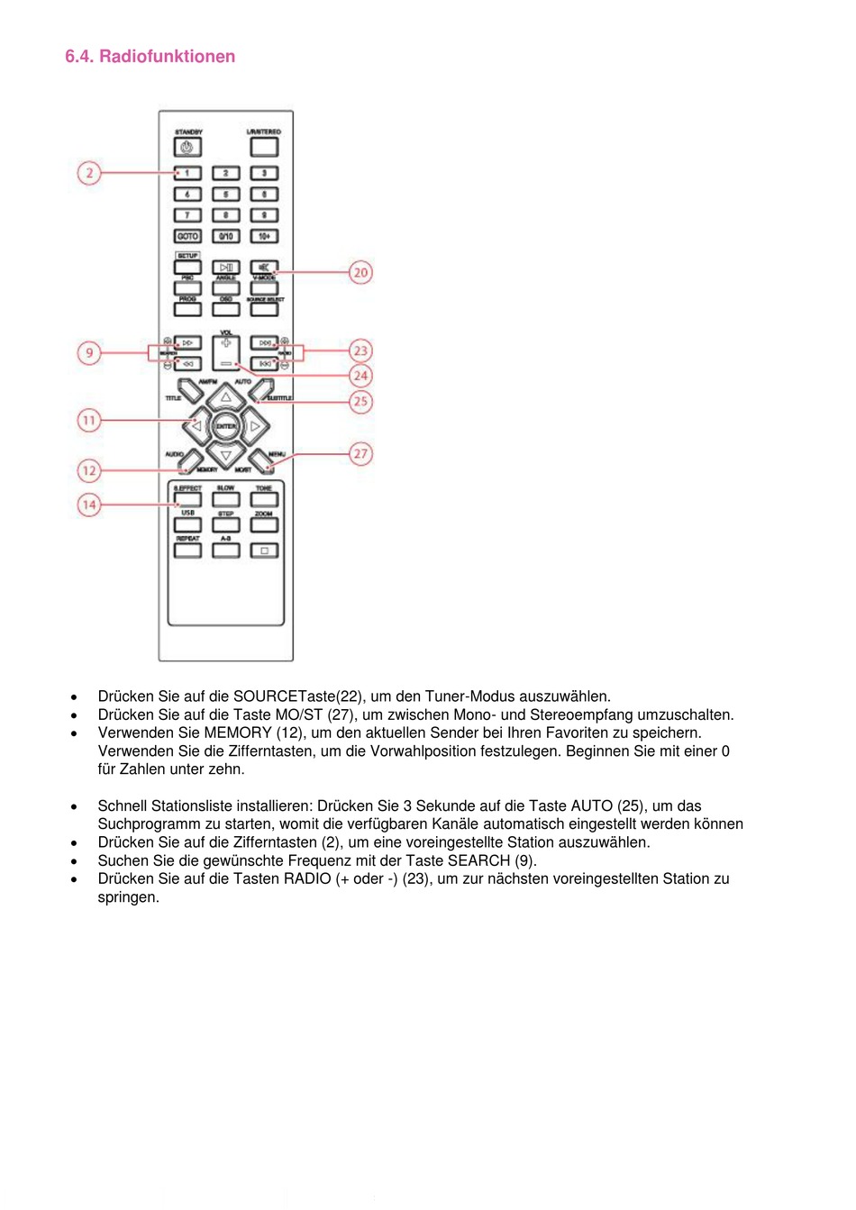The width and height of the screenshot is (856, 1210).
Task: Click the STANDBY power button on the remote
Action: [x=187, y=148]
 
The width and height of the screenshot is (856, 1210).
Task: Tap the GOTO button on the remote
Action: [x=187, y=236]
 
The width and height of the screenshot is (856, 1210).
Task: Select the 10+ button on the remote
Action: [x=264, y=236]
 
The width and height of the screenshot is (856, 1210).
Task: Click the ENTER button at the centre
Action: [x=225, y=426]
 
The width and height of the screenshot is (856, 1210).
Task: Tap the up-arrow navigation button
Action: [x=225, y=397]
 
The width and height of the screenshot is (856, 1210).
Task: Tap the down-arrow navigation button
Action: [x=225, y=455]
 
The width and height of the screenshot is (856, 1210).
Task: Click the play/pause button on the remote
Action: [x=225, y=268]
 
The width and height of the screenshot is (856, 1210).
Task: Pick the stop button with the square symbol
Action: [x=264, y=550]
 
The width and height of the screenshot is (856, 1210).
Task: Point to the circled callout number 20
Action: [x=360, y=272]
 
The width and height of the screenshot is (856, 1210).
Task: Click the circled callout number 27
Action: [x=360, y=453]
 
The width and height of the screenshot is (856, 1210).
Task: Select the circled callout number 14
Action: [x=89, y=505]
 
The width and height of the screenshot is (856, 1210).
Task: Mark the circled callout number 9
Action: [x=89, y=352]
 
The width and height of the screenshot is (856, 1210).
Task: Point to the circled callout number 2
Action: [x=89, y=172]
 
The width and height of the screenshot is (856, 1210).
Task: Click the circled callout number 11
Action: [x=89, y=420]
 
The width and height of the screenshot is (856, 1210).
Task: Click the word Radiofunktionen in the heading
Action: [x=167, y=57]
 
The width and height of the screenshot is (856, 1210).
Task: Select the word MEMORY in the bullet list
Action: [x=238, y=732]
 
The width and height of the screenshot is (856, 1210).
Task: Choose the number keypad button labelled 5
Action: [x=225, y=194]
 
